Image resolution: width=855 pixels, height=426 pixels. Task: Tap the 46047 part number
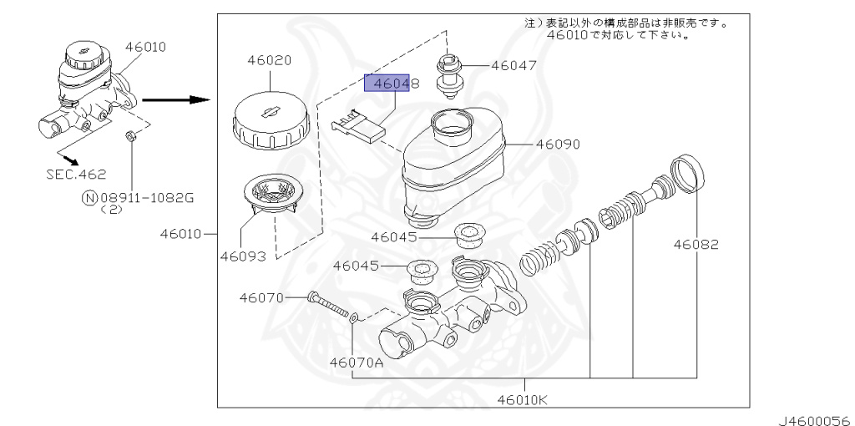tap(514, 65)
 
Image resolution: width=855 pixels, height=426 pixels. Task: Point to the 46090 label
tap(558, 145)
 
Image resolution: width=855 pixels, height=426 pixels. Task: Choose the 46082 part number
tap(697, 245)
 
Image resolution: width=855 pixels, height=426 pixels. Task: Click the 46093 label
tap(243, 256)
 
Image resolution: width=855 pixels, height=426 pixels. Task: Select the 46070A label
tap(356, 363)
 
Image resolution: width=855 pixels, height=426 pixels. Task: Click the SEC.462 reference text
tap(76, 174)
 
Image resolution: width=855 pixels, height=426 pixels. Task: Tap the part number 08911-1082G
tap(147, 197)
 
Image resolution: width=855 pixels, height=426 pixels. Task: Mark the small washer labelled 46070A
tap(356, 317)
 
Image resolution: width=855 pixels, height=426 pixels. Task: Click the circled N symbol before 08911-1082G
tap(90, 198)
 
